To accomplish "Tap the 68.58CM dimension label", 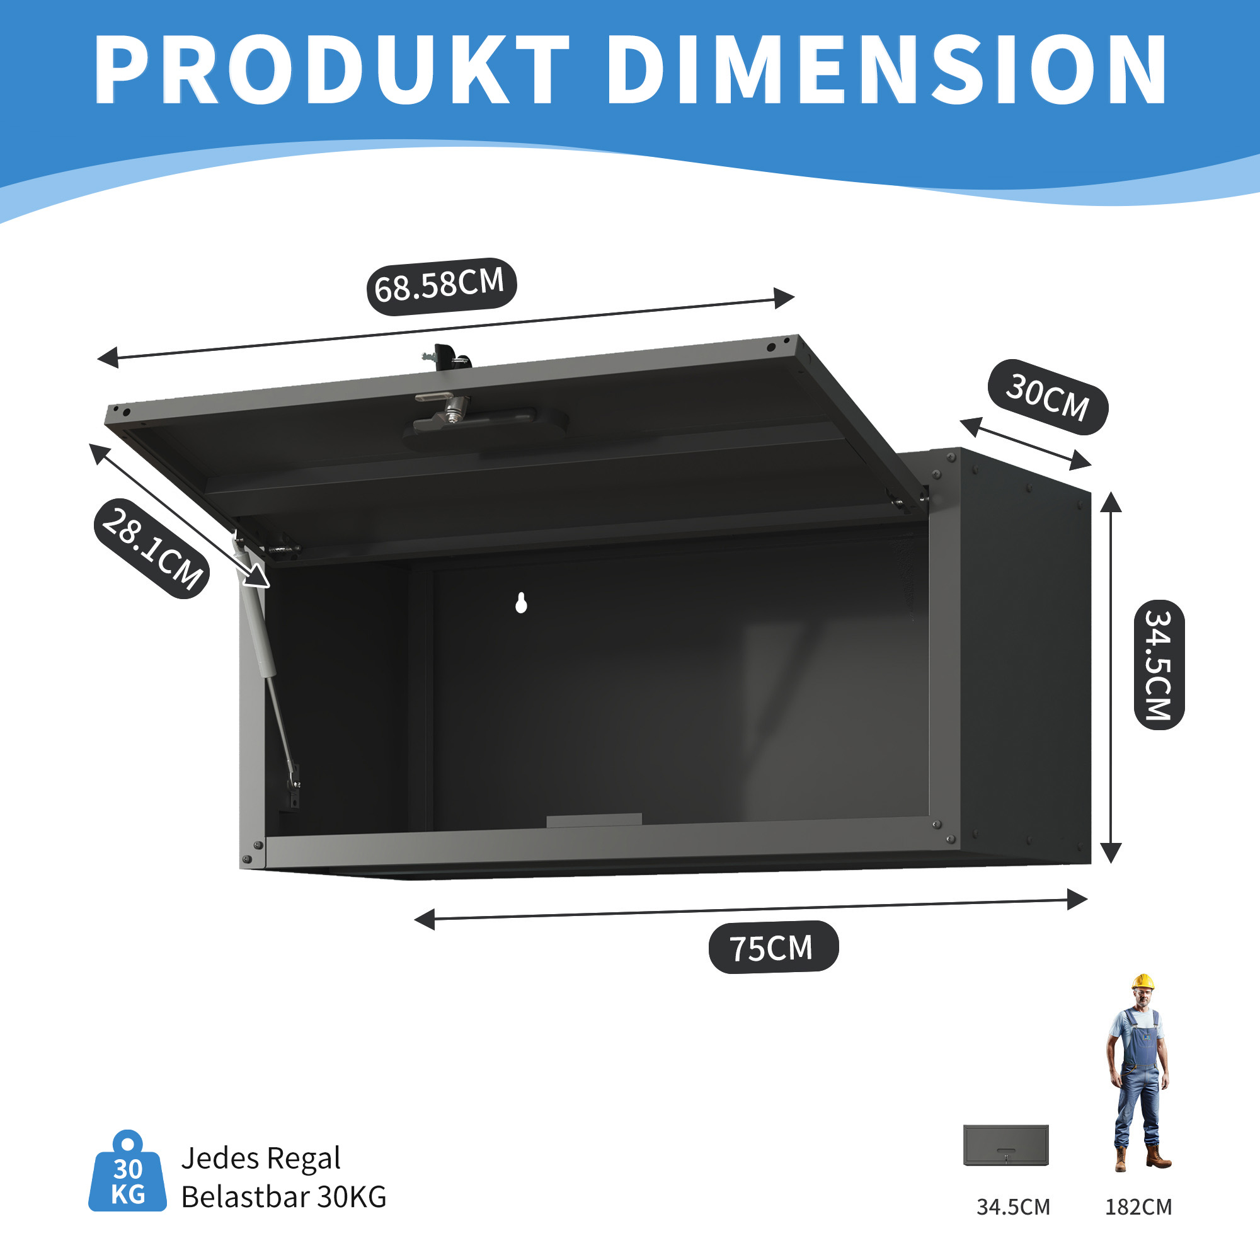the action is point(441,286).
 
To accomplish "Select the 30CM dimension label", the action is point(1048,396).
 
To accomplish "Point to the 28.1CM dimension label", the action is point(152,549).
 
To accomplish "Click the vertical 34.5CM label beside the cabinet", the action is point(1159,665).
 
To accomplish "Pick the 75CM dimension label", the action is point(773,947).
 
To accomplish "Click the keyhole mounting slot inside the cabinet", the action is point(521,604).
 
